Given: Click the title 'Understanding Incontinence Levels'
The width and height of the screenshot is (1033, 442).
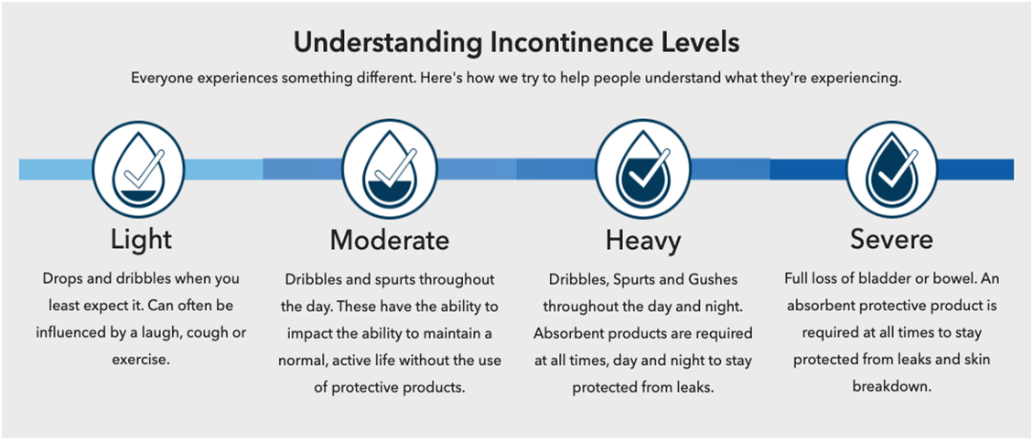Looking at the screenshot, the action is pos(516,43).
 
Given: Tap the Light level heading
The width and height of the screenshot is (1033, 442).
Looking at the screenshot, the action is pos(142,239).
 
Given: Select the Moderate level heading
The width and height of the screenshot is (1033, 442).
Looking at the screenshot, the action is pos(390,240).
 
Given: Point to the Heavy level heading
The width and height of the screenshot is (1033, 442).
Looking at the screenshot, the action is pos(643,241).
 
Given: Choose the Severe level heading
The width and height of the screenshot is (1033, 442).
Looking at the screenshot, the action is pos(891,239).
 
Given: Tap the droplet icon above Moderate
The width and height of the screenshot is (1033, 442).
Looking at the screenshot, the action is pos(390,170).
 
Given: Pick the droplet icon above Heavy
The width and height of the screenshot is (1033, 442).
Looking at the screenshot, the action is pos(643,170).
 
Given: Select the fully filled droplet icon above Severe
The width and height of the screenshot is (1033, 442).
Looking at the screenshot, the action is pos(892,170).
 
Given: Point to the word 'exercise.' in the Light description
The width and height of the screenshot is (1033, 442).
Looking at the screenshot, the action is pos(142,361).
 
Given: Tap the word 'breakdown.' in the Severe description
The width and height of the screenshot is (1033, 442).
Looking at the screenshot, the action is pos(891,387).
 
